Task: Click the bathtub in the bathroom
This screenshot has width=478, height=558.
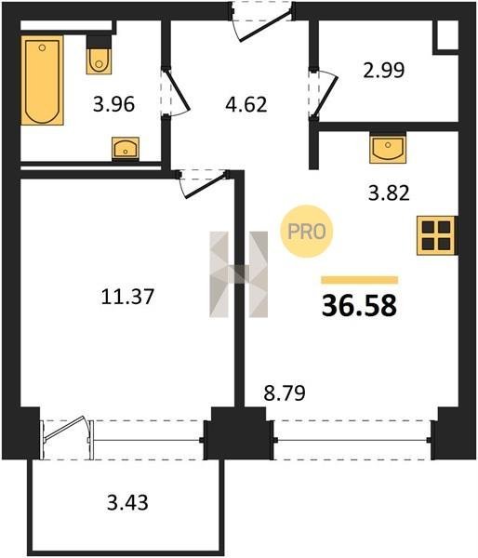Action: (43, 80)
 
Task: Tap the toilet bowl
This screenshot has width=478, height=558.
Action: (99, 61)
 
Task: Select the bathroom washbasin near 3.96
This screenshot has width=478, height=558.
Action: (126, 147)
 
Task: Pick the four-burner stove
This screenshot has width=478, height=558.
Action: (436, 235)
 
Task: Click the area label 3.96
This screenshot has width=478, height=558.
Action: (113, 104)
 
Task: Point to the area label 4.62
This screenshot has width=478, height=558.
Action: (246, 104)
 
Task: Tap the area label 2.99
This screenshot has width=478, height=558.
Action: (384, 70)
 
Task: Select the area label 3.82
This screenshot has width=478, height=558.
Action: (389, 193)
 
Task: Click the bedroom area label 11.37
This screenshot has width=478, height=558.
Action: (127, 297)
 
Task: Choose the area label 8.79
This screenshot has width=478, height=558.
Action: (285, 393)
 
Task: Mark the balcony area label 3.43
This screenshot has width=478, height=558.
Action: (127, 503)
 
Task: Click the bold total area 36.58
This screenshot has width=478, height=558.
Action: (359, 306)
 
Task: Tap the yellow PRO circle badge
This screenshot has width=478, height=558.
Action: (307, 232)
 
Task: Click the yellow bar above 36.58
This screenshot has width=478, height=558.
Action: (360, 280)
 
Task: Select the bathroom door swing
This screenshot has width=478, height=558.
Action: (177, 92)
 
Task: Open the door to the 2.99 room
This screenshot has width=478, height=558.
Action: (324, 93)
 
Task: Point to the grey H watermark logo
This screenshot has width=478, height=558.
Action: (238, 274)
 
